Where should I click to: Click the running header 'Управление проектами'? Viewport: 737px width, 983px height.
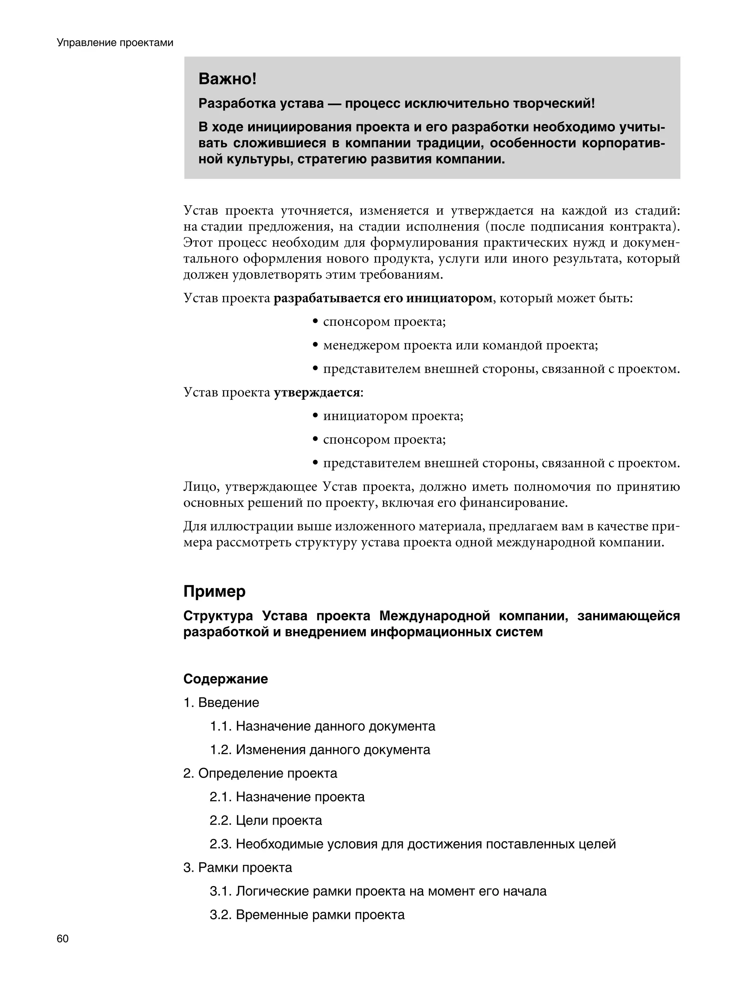pyautogui.click(x=115, y=43)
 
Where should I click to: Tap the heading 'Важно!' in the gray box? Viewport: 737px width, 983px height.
pyautogui.click(x=227, y=79)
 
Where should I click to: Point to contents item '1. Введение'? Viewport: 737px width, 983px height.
pyautogui.click(x=221, y=703)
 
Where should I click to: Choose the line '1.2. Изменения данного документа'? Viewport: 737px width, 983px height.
pyautogui.click(x=320, y=750)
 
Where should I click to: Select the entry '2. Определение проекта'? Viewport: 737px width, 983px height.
pyautogui.click(x=260, y=773)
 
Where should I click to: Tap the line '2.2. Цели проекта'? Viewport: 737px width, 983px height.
pyautogui.click(x=266, y=820)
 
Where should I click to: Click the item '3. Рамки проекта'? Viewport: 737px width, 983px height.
pyautogui.click(x=238, y=867)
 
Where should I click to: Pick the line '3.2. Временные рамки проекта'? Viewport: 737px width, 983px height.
pyautogui.click(x=307, y=915)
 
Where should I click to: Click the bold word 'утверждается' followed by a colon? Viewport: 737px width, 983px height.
pyautogui.click(x=316, y=392)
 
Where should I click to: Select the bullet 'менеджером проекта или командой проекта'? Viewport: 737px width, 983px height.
pyautogui.click(x=460, y=345)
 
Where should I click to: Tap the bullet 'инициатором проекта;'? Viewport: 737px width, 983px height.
pyautogui.click(x=393, y=416)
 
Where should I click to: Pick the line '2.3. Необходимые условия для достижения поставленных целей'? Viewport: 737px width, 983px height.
pyautogui.click(x=413, y=844)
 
